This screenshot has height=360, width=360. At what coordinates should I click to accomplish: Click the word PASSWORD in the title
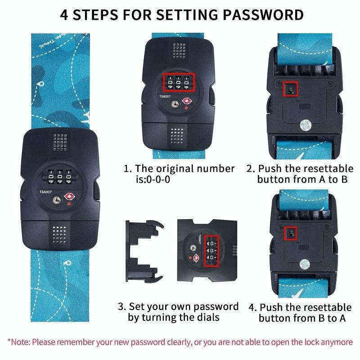pos(263,15)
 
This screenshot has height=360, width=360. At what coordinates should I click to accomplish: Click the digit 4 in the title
pos(64,15)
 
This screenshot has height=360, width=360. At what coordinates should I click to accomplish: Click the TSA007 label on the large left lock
pos(45,192)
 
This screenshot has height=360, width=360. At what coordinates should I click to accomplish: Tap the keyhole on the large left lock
pos(57,200)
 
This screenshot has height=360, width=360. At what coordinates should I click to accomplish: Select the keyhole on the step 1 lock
pos(175,104)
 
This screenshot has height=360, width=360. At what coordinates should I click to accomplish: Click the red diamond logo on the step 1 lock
pos(187,101)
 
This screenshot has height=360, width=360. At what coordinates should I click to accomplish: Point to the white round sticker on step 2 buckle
pos(306,126)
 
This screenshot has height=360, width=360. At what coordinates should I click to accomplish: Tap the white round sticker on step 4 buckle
pos(305,265)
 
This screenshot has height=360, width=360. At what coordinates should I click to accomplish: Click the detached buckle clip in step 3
pos(144,251)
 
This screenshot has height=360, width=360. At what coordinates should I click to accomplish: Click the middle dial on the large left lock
pos(60,176)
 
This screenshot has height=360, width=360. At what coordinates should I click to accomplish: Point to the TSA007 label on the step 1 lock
pos(165,96)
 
